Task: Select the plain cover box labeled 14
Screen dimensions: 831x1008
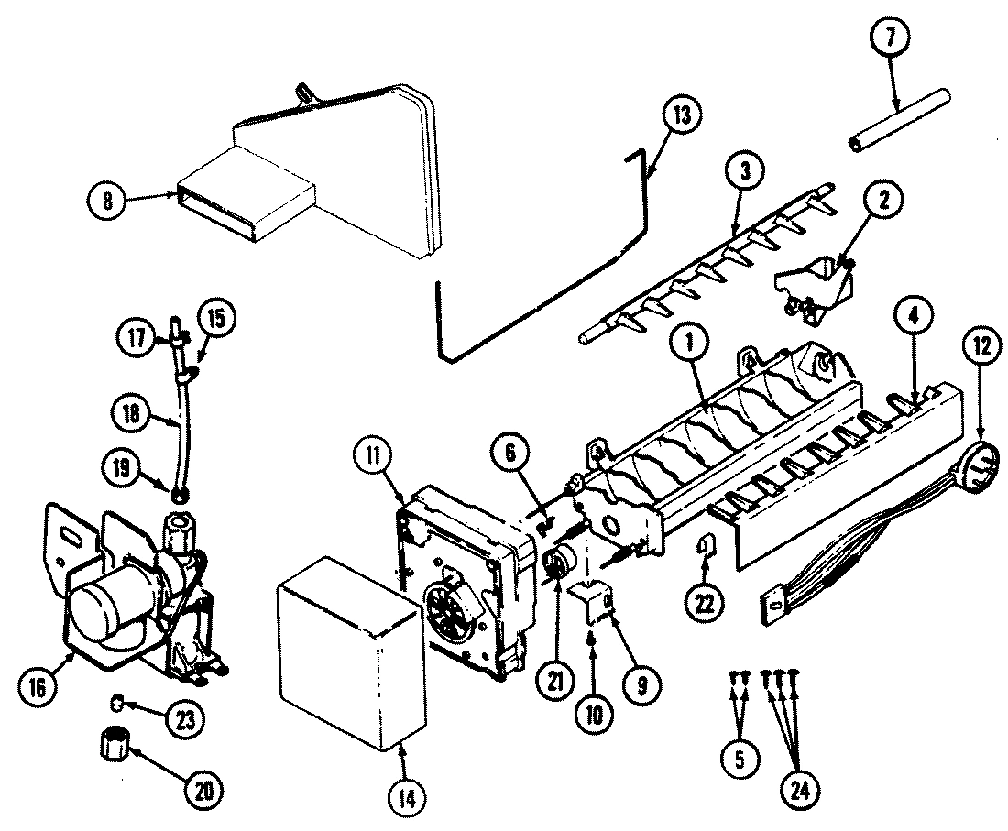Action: pos(348,651)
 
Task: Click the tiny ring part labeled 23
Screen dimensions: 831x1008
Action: pos(117,702)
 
